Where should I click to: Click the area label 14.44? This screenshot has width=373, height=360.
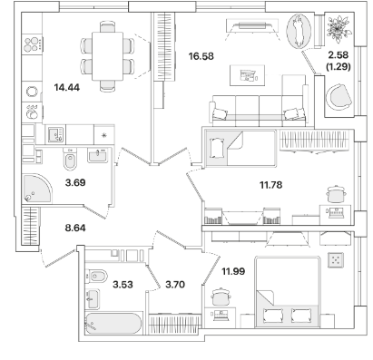67,88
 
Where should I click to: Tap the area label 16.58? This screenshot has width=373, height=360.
201,56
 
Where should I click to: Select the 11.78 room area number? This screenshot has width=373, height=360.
271,185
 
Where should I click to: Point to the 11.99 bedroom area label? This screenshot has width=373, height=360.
233,271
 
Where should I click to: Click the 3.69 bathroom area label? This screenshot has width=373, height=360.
75,182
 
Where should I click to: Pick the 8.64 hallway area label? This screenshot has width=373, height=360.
75,228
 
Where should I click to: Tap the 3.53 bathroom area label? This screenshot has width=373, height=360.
123,285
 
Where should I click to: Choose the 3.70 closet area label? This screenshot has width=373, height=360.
175,285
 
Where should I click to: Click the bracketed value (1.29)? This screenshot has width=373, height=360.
339,66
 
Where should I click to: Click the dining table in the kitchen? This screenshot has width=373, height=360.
107,56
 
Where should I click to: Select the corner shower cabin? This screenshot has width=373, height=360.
37,189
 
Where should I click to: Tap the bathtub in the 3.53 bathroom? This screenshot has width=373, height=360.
113,324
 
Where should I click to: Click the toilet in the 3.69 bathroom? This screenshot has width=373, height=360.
71,159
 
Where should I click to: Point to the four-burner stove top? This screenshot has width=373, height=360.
33,44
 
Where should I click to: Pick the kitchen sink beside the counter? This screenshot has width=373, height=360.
56,134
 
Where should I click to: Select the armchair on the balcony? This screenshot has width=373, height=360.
339,97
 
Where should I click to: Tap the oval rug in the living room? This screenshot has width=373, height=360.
299,32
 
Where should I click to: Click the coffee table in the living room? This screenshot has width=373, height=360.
248,75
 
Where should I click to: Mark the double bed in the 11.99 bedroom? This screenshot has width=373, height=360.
288,292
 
